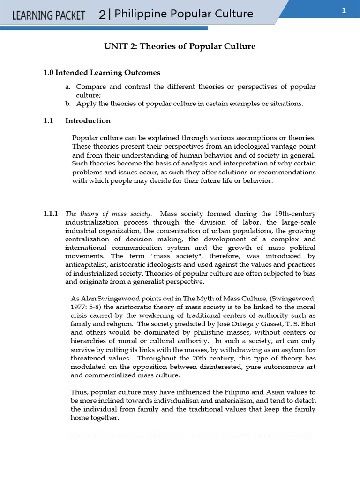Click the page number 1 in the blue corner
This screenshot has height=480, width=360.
coord(344,12)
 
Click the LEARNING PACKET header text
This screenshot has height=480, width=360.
coord(48,15)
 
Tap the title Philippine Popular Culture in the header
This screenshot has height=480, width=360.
coord(184,14)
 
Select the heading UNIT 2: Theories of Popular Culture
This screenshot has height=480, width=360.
coord(180,46)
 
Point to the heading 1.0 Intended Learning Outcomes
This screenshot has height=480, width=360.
coord(102,73)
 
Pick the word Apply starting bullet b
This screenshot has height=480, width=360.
coord(86,104)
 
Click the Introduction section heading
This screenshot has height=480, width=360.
coord(88,120)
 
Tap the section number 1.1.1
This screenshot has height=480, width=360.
coord(51,214)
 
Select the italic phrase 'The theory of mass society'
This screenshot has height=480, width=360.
coord(108,214)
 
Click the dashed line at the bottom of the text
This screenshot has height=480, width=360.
coord(190,435)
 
